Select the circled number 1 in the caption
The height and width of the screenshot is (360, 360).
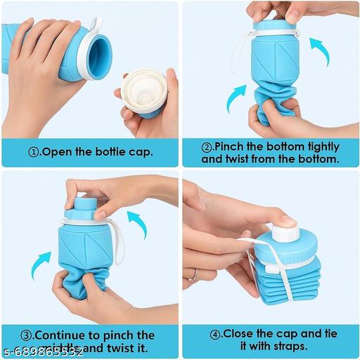point(33,152)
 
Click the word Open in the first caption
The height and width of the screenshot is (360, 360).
point(60,152)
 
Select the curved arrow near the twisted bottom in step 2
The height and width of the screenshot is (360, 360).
point(236,98)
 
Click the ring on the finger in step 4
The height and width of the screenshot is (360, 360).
point(194,273)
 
